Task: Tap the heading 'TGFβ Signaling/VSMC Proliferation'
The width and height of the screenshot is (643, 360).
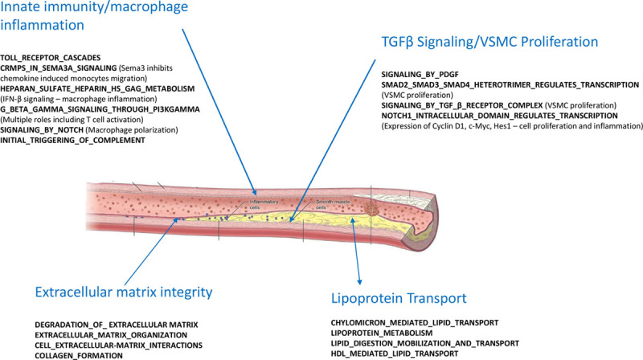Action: [x=492, y=40]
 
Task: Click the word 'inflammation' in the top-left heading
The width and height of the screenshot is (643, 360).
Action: [x=42, y=25]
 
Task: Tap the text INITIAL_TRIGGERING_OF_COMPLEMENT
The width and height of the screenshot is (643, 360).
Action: [x=73, y=141]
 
